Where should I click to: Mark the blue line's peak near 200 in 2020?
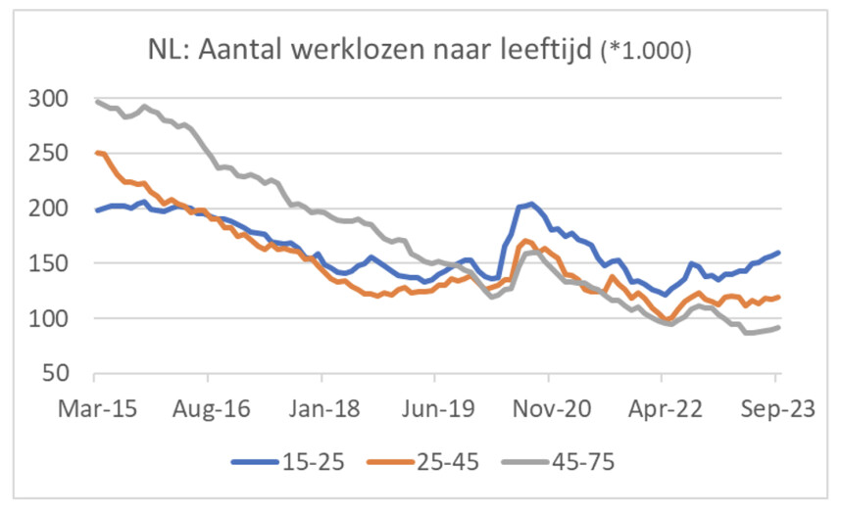coord(530,204)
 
